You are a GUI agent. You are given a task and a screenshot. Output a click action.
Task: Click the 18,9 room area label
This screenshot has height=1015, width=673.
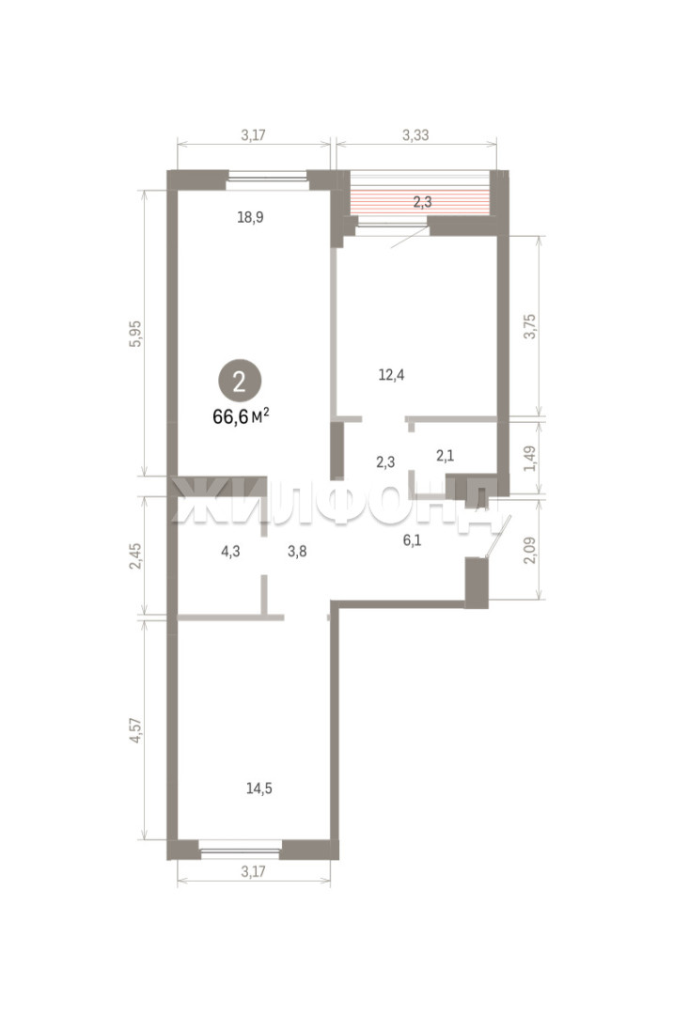pyautogui.click(x=250, y=217)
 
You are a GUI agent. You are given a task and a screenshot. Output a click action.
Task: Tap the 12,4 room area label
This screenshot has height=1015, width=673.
pyautogui.click(x=392, y=374)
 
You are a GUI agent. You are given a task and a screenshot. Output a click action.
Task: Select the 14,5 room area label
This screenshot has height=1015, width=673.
pyautogui.click(x=258, y=789)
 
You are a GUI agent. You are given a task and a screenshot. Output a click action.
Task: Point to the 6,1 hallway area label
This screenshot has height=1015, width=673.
pyautogui.click(x=413, y=539)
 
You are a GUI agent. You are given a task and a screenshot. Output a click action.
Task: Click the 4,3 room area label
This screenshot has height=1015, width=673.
pyautogui.click(x=230, y=552)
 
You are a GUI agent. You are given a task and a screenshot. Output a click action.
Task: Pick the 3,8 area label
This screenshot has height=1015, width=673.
pyautogui.click(x=297, y=552)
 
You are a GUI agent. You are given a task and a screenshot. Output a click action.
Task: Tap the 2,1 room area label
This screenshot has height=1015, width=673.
pyautogui.click(x=446, y=456)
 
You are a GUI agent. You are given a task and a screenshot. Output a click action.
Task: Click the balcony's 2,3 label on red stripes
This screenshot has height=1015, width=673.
pyautogui.click(x=423, y=202)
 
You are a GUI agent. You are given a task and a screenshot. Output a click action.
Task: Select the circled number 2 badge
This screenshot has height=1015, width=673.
pyautogui.click(x=240, y=382)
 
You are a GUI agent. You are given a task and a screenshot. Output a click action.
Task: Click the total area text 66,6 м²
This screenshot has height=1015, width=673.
pyautogui.click(x=241, y=416)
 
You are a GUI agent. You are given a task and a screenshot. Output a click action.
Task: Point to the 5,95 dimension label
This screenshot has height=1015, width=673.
pyautogui.click(x=135, y=334)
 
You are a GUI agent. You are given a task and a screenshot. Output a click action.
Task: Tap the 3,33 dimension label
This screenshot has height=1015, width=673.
pyautogui.click(x=415, y=135)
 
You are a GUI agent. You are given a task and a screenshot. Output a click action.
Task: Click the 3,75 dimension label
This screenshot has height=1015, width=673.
pyautogui.click(x=530, y=326)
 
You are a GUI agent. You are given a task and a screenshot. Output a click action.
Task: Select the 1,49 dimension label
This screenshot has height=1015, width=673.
pyautogui.click(x=530, y=459)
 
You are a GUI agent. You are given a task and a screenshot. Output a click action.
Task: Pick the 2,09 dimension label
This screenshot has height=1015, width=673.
pyautogui.click(x=530, y=550)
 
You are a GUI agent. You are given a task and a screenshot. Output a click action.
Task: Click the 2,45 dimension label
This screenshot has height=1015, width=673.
pyautogui.click(x=135, y=556)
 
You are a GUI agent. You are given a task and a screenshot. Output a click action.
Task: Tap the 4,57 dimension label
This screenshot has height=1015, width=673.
pyautogui.click(x=135, y=730)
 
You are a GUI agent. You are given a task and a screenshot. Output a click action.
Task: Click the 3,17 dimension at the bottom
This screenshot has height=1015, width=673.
pyautogui.click(x=253, y=871)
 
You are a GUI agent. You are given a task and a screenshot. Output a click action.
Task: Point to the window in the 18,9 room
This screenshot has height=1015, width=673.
pyautogui.click(x=267, y=180)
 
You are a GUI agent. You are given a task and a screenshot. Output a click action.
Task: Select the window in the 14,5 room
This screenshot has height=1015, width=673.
pyautogui.click(x=240, y=850)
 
